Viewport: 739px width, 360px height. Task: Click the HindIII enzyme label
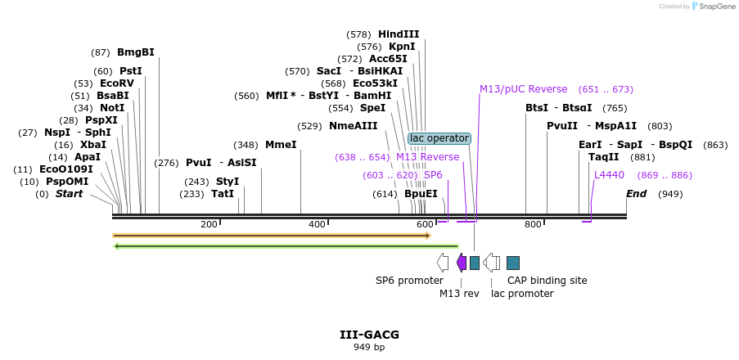click(399, 34)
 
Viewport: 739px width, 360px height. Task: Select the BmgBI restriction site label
click(136, 52)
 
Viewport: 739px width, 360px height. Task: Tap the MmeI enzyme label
click(281, 145)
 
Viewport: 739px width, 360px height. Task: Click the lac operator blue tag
click(439, 138)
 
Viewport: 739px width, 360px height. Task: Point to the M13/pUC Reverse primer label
click(523, 89)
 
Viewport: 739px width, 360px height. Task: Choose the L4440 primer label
click(609, 175)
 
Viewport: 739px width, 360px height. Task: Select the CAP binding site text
click(547, 281)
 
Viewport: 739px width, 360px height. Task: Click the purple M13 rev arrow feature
click(462, 263)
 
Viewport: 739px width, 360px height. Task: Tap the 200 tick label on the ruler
click(209, 224)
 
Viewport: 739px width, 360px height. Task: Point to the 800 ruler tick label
click(533, 224)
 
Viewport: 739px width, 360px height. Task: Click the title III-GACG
click(369, 335)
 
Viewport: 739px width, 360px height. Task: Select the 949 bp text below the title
click(369, 347)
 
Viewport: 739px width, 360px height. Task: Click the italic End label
click(636, 194)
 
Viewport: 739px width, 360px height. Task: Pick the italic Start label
click(69, 194)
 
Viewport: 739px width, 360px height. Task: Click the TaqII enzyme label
click(604, 157)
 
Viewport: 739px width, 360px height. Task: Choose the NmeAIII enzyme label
click(354, 126)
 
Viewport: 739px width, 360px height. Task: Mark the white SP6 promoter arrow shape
click(443, 263)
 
